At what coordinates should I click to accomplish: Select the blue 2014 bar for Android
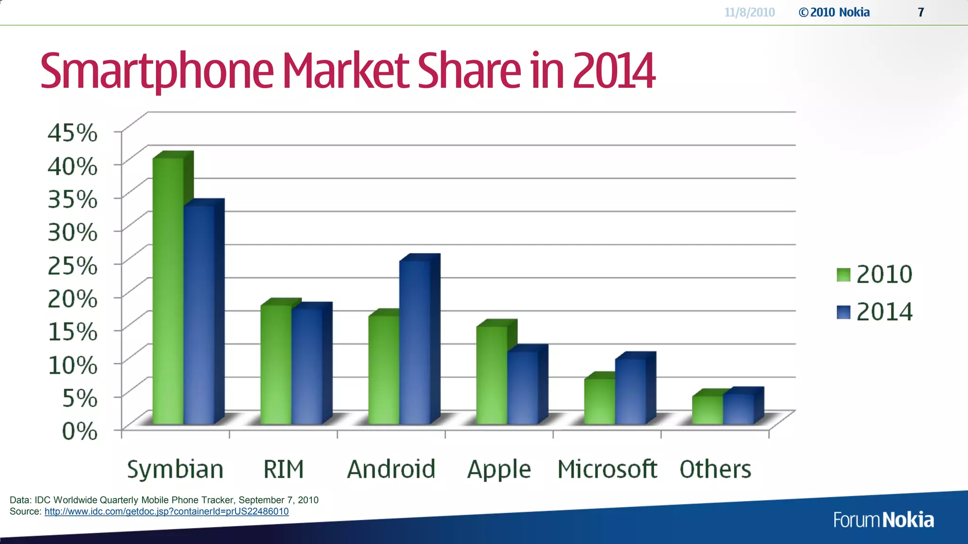click(x=415, y=342)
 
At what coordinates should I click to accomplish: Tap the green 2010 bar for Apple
click(x=492, y=375)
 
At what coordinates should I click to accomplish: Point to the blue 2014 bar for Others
click(x=738, y=408)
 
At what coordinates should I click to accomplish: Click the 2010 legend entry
click(x=874, y=274)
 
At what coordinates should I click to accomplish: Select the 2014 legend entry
click(x=874, y=312)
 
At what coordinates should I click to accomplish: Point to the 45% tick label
click(x=73, y=133)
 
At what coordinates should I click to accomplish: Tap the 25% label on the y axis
click(x=73, y=265)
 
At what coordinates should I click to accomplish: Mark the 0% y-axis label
click(x=79, y=431)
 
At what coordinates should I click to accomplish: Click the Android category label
click(x=391, y=469)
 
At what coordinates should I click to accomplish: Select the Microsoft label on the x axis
click(x=607, y=469)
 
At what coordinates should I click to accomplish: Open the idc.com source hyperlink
click(x=166, y=511)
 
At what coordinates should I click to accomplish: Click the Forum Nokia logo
click(x=883, y=519)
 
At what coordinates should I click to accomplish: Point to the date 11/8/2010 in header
click(x=750, y=12)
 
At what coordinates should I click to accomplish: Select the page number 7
click(x=921, y=12)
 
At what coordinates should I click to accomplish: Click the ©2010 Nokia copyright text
click(x=834, y=12)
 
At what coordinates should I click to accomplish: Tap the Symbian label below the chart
click(x=175, y=469)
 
